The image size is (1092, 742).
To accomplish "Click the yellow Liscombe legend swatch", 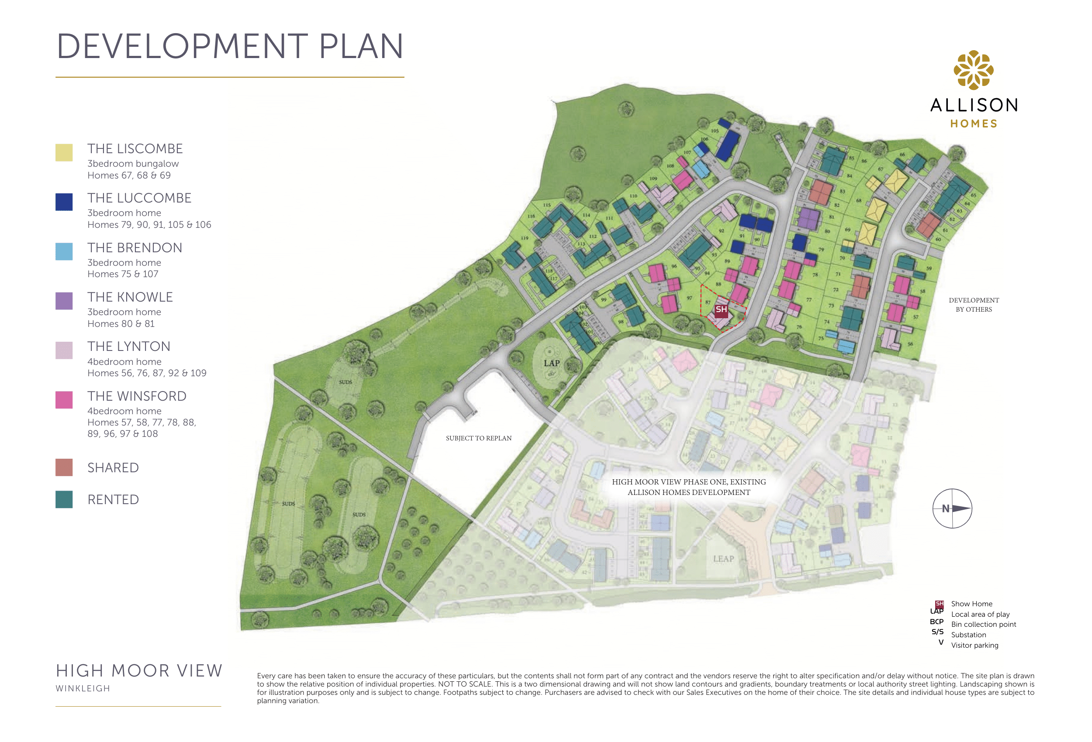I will [x=64, y=153].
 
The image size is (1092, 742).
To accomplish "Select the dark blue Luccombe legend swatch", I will [x=64, y=202].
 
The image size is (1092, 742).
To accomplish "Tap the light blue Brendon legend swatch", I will [x=64, y=251].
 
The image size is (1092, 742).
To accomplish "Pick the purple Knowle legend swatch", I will [x=64, y=301].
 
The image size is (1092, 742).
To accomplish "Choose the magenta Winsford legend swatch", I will [x=64, y=400].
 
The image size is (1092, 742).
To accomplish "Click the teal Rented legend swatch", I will [x=64, y=499].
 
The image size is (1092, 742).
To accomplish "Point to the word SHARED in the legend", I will [x=113, y=468].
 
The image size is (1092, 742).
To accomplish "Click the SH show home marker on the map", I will [x=721, y=309].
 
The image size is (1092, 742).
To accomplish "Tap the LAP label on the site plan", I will [x=552, y=363].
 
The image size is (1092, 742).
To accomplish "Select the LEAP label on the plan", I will [x=723, y=559].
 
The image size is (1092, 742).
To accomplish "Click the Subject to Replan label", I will [x=478, y=438].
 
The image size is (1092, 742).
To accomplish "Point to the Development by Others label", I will [x=974, y=305].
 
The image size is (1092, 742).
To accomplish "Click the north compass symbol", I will [x=952, y=508].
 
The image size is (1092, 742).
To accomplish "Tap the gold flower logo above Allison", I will [x=973, y=70].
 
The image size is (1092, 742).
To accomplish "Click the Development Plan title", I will [x=230, y=47].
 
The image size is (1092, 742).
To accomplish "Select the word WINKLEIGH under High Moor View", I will [x=83, y=688].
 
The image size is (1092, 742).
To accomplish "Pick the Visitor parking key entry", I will [x=975, y=645].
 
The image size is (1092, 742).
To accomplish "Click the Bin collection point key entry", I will [x=984, y=624].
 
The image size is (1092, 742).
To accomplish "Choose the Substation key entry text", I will [x=968, y=635].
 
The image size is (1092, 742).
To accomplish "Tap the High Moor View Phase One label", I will [x=688, y=487].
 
